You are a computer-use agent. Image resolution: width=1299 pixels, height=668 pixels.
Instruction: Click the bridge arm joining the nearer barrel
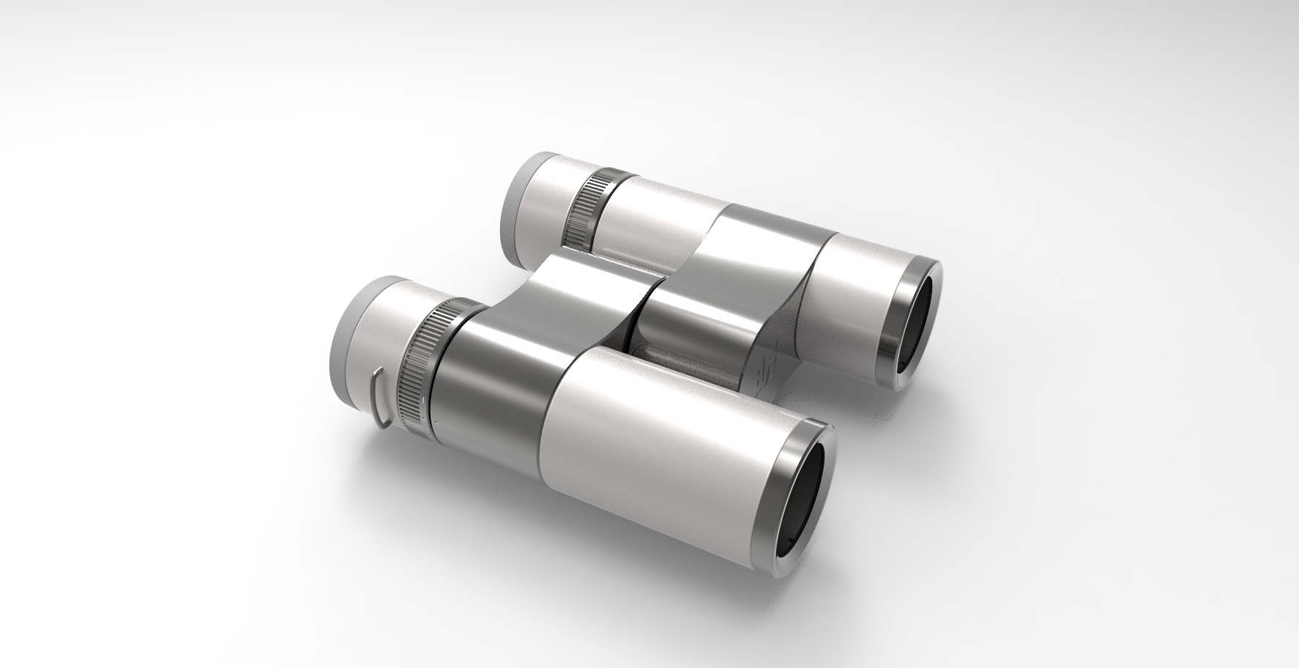[578, 293]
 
